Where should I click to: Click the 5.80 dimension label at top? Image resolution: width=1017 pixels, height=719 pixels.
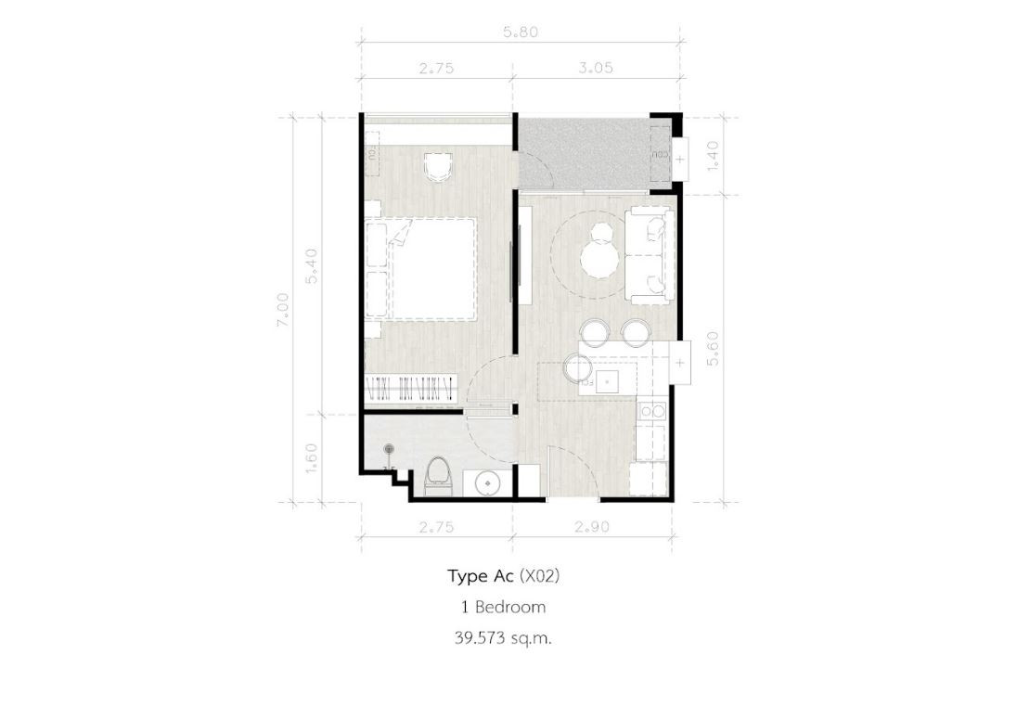pyautogui.click(x=521, y=32)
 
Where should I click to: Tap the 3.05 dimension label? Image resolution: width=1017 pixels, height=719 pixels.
pyautogui.click(x=595, y=68)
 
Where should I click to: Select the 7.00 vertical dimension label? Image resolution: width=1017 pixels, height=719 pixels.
pyautogui.click(x=283, y=310)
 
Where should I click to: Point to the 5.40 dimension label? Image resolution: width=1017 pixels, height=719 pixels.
pyautogui.click(x=313, y=266)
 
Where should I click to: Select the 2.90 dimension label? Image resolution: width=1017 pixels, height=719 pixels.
pyautogui.click(x=591, y=527)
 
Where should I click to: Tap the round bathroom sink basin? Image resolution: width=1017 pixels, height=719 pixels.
pyautogui.click(x=486, y=483)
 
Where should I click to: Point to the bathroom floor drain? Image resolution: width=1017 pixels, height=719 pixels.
pyautogui.click(x=389, y=448)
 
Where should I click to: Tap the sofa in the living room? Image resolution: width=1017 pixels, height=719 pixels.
pyautogui.click(x=650, y=255)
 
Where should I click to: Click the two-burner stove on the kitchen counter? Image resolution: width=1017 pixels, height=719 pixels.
pyautogui.click(x=651, y=411)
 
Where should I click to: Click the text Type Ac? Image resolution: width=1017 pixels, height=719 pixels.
pyautogui.click(x=481, y=576)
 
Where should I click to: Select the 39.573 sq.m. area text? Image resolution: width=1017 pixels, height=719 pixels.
pyautogui.click(x=503, y=638)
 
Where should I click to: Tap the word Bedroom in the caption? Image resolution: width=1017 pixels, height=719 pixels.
pyautogui.click(x=510, y=608)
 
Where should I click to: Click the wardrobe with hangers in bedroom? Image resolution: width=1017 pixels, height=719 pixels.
pyautogui.click(x=409, y=389)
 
